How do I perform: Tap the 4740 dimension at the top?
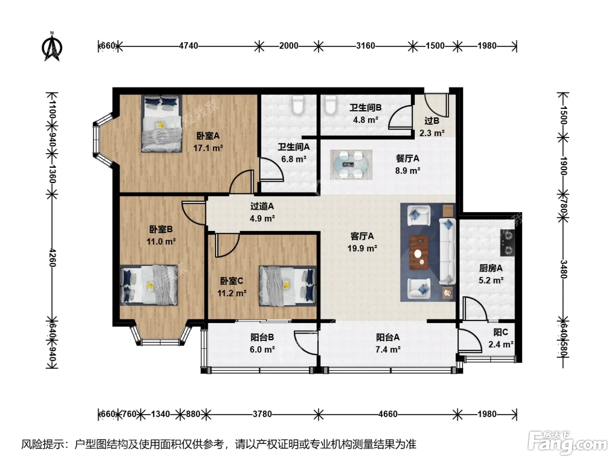click(188, 46)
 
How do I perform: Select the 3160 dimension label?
click(365, 46)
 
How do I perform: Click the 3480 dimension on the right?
click(563, 269)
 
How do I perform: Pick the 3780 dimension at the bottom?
click(262, 414)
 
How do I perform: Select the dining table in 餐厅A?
click(351, 165)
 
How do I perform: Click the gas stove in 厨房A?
click(507, 243)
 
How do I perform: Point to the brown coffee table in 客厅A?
click(419, 252)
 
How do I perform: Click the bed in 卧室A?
click(161, 123)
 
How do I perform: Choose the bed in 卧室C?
click(287, 286)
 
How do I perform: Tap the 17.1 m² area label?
click(208, 148)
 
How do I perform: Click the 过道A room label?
click(262, 206)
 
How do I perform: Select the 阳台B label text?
click(262, 337)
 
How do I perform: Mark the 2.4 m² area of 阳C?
click(501, 344)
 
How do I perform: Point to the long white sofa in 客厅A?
click(447, 252)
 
